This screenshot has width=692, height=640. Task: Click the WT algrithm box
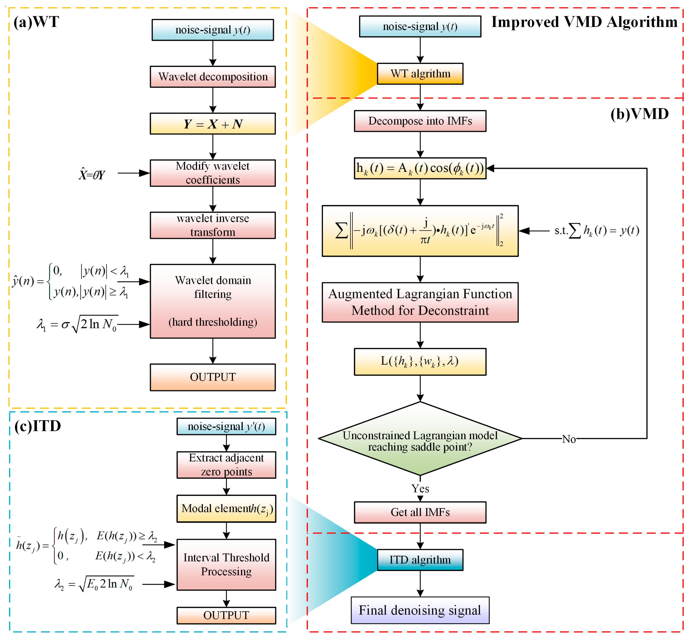(x=420, y=74)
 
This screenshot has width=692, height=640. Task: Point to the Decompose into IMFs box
(x=420, y=121)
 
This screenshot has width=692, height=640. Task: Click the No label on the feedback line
(x=569, y=439)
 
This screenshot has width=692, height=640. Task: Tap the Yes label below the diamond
(x=420, y=489)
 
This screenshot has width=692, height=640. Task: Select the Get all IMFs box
(x=420, y=512)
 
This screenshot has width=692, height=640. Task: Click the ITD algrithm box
(x=420, y=560)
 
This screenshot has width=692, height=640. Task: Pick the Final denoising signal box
(x=420, y=610)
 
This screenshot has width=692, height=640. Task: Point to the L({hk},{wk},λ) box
(x=420, y=362)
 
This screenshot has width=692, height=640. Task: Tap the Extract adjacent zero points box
(x=226, y=465)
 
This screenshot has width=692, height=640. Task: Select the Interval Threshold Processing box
(x=226, y=564)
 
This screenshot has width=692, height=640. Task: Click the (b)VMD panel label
(x=639, y=114)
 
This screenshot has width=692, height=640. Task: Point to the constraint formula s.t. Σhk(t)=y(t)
(x=596, y=230)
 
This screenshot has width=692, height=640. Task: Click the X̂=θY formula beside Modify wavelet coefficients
(x=92, y=174)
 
